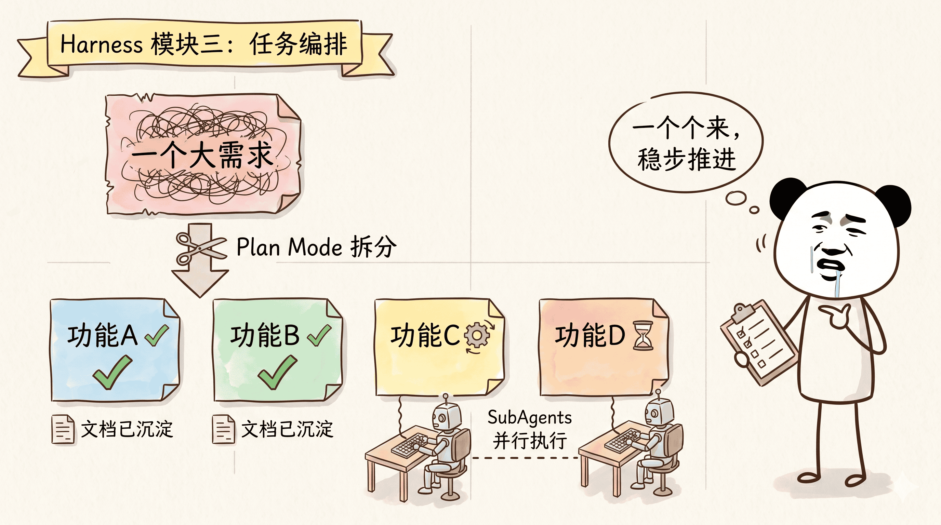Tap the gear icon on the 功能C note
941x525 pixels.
pos(476,336)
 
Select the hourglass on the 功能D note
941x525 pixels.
pos(643,336)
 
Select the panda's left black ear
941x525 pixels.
pos(785,195)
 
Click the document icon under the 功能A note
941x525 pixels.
pos(63,429)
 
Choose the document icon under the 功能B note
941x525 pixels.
pos(223,429)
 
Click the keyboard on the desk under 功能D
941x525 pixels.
pos(621,442)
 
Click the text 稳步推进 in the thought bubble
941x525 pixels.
pos(686,160)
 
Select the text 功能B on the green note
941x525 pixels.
pos(265,336)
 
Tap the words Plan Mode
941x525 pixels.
pos(289,247)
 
